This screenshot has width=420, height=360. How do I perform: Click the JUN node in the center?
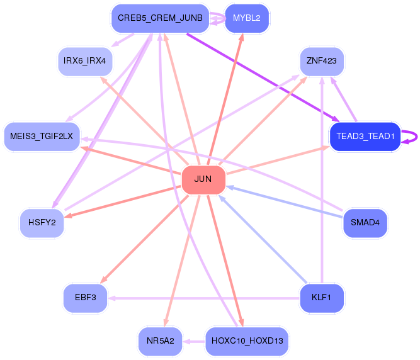click(x=203, y=180)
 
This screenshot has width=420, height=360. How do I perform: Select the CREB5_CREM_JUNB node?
click(x=160, y=18)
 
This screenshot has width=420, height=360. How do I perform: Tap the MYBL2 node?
click(x=247, y=18)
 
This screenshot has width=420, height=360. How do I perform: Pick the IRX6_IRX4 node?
click(x=84, y=61)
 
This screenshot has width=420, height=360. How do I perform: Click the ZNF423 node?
click(x=321, y=61)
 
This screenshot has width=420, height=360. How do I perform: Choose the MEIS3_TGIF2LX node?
click(x=42, y=136)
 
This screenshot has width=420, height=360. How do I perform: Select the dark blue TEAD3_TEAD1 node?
click(x=365, y=136)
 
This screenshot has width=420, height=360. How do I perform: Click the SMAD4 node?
click(x=365, y=223)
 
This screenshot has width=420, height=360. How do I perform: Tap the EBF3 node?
click(x=84, y=298)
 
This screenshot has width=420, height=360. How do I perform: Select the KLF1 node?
click(x=321, y=298)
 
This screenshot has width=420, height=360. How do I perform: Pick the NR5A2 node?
click(x=160, y=341)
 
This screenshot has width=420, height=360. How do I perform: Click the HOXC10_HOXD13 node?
click(x=247, y=341)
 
